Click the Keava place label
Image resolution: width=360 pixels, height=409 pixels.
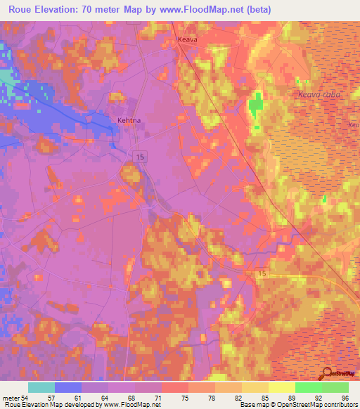tap(187, 40)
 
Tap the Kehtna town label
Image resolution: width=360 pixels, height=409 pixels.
tap(129, 120)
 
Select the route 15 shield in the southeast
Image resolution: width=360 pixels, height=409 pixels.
tap(262, 273)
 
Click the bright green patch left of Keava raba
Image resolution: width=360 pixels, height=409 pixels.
tap(254, 108)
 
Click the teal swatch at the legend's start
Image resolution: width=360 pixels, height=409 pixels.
tap(41, 387)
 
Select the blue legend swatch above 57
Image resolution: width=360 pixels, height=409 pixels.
tap(68, 387)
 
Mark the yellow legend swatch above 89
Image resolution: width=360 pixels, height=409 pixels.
tap(281, 387)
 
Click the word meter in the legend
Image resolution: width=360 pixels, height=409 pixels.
tap(11, 397)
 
